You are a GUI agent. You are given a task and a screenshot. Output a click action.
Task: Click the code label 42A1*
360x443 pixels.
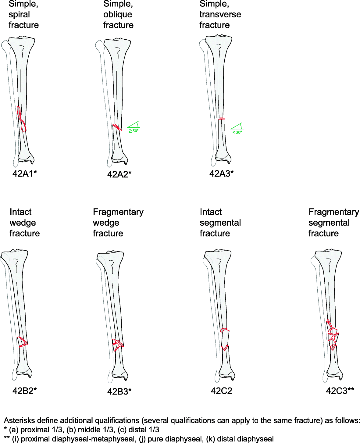pos(24,173)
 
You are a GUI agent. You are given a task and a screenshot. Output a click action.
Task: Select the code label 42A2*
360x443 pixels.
pos(119,174)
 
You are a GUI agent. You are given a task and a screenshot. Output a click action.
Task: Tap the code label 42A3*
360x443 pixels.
pos(221,173)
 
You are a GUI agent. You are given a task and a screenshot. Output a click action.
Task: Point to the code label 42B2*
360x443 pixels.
pos(24,391)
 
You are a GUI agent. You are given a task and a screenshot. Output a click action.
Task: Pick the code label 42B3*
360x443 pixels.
pos(119,391)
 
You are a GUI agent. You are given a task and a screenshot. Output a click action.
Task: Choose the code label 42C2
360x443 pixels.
pos(221,391)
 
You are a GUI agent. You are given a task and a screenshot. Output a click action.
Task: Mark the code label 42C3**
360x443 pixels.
pos(340,391)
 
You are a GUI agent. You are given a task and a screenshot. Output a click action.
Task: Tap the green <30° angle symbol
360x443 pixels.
pos(237,128)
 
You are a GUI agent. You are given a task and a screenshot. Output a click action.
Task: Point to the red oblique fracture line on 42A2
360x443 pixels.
pos(117,127)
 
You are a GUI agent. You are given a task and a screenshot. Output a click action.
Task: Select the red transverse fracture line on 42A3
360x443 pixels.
pos(220,118)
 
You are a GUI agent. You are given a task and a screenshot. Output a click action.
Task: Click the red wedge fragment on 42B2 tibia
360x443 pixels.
pos(23,341)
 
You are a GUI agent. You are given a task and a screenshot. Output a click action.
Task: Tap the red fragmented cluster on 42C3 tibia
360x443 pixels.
pos(333,335)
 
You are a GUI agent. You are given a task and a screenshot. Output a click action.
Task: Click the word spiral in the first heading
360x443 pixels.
pos(19,14)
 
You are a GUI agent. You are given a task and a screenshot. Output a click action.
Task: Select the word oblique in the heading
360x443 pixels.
pos(117,14)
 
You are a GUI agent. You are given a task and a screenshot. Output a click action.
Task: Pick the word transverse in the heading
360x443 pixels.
pos(220,14)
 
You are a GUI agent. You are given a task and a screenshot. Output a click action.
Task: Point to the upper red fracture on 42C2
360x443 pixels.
pos(224,330)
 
